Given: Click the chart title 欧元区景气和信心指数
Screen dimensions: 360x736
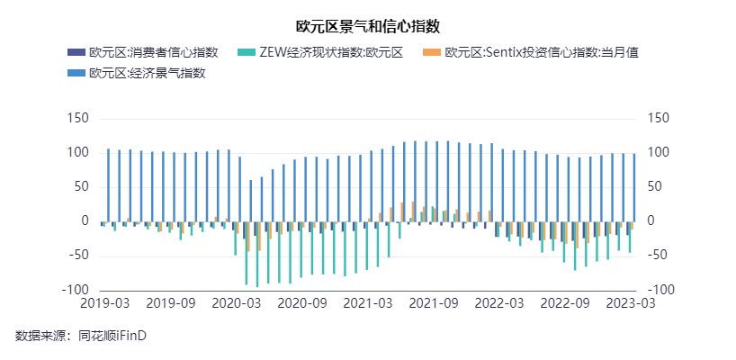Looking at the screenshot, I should tap(367, 25).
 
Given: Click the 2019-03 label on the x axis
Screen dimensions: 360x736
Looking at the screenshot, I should tap(104, 304).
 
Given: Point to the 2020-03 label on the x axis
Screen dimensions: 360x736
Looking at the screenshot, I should tap(236, 304).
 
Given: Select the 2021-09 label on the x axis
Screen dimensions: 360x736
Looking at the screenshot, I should tap(434, 304).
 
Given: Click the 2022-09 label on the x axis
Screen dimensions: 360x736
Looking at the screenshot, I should tap(565, 304).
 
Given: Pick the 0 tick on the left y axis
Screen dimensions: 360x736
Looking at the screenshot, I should tap(85, 221).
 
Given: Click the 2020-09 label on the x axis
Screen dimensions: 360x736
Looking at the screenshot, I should tap(302, 304).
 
